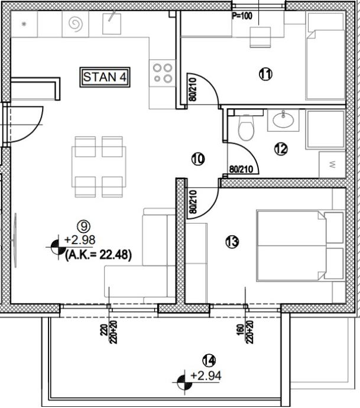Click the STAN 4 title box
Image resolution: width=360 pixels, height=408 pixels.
[x=105, y=77]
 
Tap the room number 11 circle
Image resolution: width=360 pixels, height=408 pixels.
[x=265, y=74]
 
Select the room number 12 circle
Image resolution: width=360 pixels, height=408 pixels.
[x=281, y=149]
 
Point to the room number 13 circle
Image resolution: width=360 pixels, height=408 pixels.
[x=232, y=242]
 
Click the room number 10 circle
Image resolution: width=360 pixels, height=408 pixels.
[x=198, y=159]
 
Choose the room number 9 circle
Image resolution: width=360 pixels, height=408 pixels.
[x=84, y=226]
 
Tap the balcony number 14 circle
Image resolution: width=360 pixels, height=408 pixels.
[x=209, y=361]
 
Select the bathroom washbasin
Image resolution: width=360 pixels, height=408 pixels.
[x=283, y=119]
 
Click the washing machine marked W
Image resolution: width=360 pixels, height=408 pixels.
[x=332, y=164]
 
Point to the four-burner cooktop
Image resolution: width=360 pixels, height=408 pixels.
[x=163, y=73]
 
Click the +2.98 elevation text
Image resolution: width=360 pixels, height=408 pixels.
[x=80, y=240]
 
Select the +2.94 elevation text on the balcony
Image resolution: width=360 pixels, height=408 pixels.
[x=206, y=375]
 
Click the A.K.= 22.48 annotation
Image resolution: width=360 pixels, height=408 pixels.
[x=98, y=255]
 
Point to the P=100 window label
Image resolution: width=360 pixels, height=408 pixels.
[x=242, y=16]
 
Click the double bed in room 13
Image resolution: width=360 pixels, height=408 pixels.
[x=300, y=246]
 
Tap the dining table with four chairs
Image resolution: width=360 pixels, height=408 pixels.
[x=99, y=167]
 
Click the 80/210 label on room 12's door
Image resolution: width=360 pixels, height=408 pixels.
[x=241, y=169]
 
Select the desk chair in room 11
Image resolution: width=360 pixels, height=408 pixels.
[x=260, y=37]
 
